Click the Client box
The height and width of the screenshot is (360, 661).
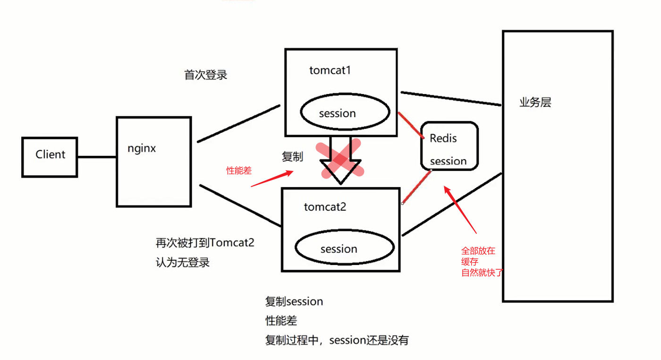[50, 157]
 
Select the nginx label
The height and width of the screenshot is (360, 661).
[142, 148]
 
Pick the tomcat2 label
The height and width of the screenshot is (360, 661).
[325, 206]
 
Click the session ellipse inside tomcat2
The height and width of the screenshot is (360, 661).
[345, 249]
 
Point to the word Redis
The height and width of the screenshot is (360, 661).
[443, 138]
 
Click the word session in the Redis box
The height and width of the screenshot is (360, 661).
[448, 161]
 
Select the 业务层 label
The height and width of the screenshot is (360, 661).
[535, 103]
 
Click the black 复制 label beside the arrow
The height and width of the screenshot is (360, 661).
[292, 157]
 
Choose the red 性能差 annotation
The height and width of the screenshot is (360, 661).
[239, 171]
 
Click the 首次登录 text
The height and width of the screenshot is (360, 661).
[205, 75]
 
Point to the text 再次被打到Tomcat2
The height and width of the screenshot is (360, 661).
[205, 243]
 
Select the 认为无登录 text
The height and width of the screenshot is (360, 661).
[182, 262]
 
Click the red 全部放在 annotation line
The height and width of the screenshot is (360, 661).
[478, 251]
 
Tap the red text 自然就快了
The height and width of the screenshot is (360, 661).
[482, 273]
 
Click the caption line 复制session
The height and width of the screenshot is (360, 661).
[294, 301]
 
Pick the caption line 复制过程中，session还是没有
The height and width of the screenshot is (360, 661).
[337, 340]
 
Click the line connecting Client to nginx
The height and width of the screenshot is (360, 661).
[97, 157]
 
